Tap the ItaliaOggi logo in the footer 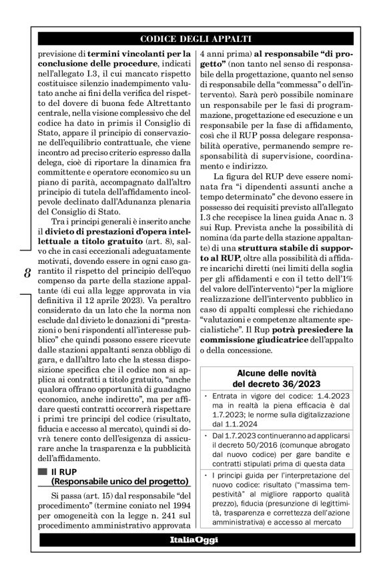click(193, 540)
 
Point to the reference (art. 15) click(89, 496)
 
